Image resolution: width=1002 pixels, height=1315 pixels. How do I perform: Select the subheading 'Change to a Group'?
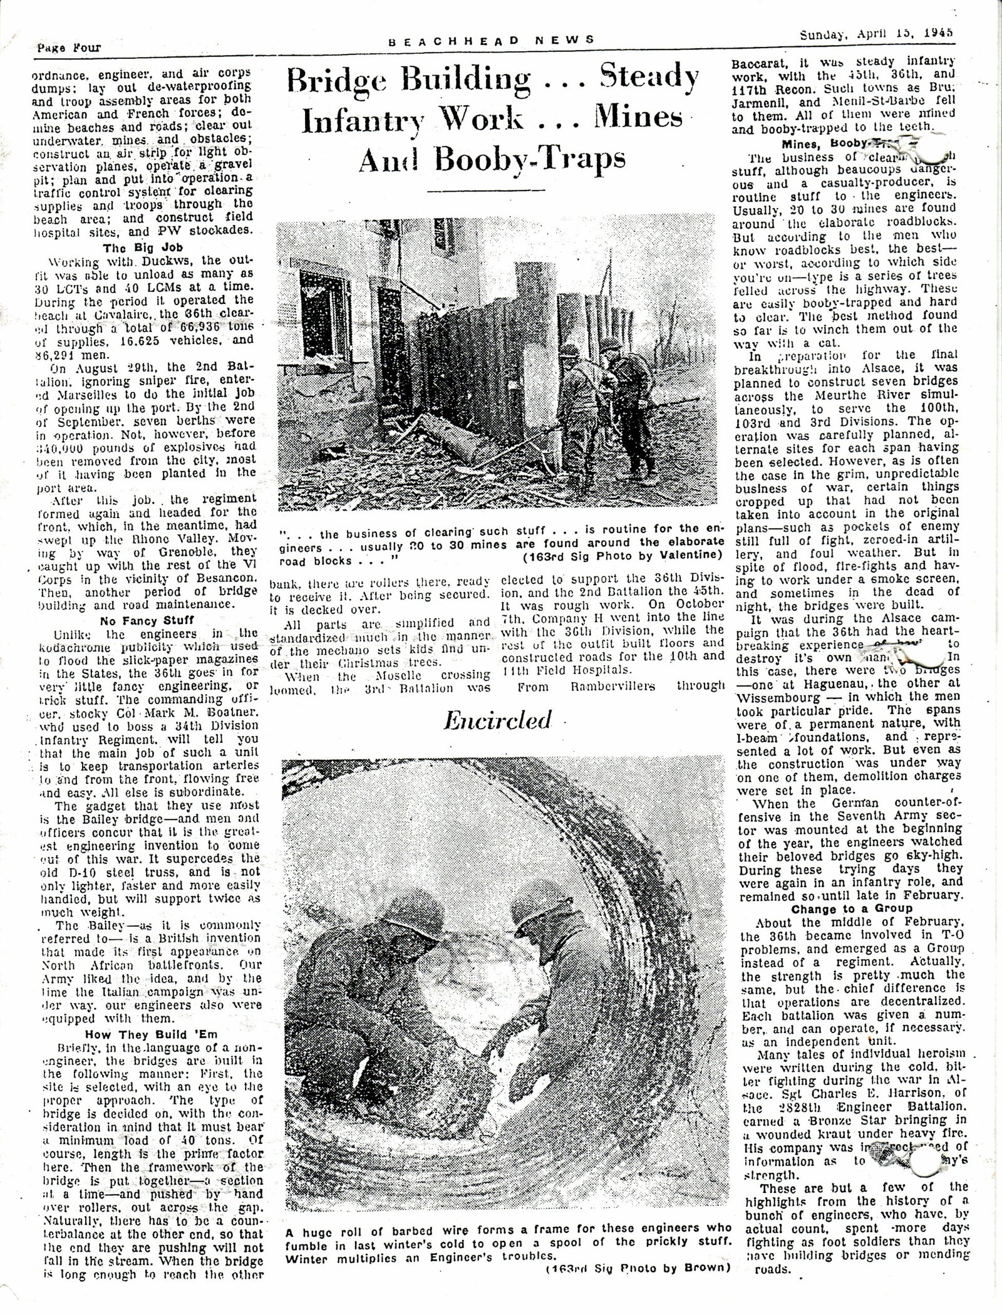coord(852,909)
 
